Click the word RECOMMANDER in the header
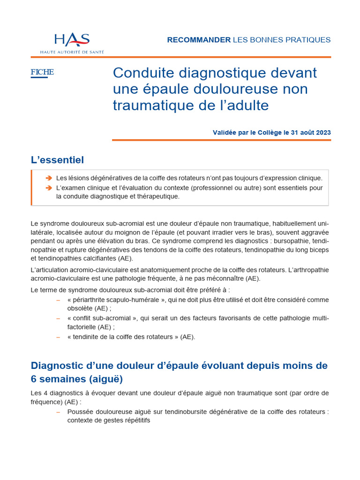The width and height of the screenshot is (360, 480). tap(199, 40)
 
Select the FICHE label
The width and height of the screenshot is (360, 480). tap(42, 72)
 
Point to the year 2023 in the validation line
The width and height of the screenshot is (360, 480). tap(323, 133)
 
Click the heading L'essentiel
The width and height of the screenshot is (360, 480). tap(57, 160)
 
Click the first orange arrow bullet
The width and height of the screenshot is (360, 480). tap(49, 179)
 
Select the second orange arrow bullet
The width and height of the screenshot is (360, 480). tap(49, 188)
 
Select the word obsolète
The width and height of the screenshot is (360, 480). tap(80, 308)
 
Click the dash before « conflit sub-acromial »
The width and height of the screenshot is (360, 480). tap(58, 318)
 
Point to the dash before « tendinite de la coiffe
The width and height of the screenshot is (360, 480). tap(58, 337)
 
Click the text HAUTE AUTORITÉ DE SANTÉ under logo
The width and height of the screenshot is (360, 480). tap(72, 52)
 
